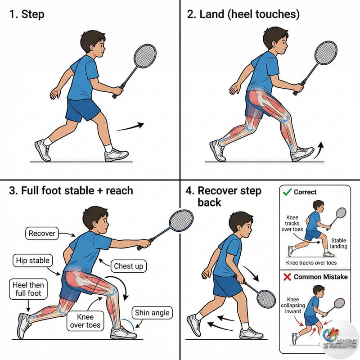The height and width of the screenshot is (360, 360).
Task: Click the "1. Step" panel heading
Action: point(27,14)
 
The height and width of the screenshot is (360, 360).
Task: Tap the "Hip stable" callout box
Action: point(32,261)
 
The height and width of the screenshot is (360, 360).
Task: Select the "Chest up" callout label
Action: point(129,266)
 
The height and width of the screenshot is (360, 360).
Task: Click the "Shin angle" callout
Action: point(152,313)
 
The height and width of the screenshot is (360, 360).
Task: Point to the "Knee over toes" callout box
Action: point(85,321)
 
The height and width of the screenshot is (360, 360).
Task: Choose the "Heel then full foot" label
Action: point(28,289)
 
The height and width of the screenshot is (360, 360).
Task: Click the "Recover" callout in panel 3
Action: point(42,233)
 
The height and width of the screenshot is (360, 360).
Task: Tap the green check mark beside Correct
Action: point(287,192)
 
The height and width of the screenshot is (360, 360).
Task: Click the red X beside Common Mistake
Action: point(287,277)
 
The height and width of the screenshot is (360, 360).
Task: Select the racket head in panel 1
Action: point(145,56)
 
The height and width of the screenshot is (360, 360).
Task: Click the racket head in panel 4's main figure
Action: point(266,299)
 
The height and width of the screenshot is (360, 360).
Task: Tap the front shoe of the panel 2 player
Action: point(302,154)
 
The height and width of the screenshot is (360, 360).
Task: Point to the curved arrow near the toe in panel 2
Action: point(319,150)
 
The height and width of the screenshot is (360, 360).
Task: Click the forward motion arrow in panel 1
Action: point(130,127)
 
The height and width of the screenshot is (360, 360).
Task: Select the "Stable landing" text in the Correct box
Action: point(339,243)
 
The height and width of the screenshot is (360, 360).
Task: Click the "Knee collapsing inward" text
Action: point(293,306)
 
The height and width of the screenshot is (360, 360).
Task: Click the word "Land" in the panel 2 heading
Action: point(212,14)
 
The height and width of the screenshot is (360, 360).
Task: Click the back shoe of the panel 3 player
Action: point(23,326)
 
